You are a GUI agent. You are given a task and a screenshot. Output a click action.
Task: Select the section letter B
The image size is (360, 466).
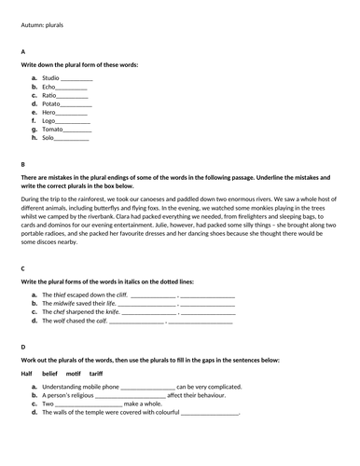22,164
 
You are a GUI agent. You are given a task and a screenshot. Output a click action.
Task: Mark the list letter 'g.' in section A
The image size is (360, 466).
34,129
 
